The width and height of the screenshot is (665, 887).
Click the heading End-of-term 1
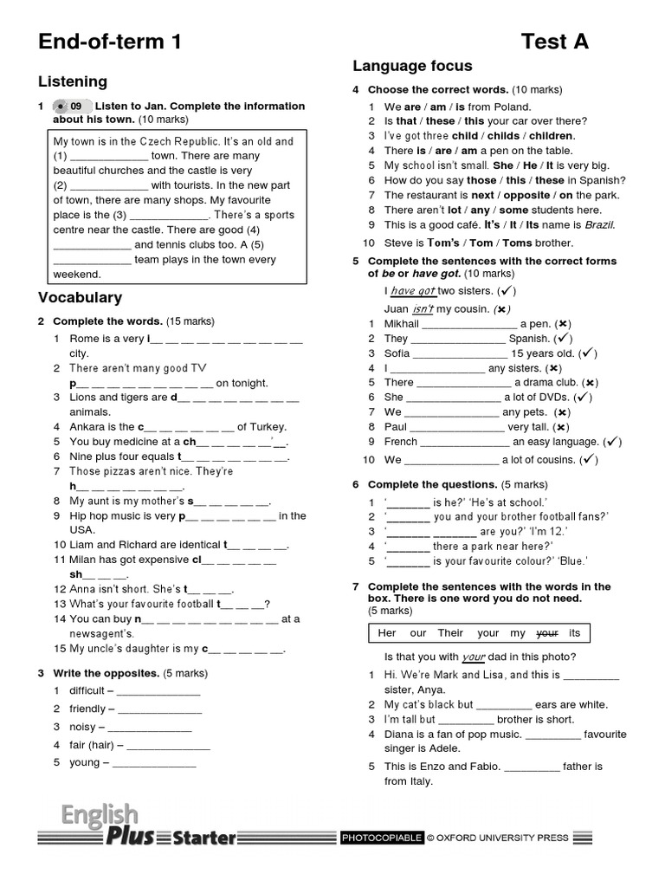110,42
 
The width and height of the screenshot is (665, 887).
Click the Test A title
555,42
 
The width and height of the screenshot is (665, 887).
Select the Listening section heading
73,81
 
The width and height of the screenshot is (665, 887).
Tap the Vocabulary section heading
80,297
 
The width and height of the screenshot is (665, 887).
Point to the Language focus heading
412,66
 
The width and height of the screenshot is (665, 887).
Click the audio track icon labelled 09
70,107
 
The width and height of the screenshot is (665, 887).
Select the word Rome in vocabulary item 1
85,339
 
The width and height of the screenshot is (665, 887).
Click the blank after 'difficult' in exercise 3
158,691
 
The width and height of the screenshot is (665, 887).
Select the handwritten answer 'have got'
413,292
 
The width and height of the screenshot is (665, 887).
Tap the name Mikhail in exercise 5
402,324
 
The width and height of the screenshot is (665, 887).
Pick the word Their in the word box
450,633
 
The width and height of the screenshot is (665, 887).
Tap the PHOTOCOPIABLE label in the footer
382,838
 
